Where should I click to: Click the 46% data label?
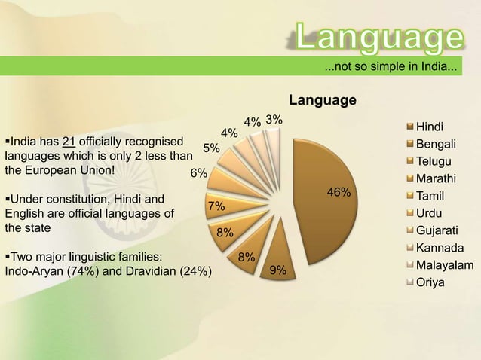339,193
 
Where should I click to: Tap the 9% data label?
277,270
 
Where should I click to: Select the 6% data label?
198,173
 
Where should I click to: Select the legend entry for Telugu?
433,161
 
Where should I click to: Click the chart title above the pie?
323,100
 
